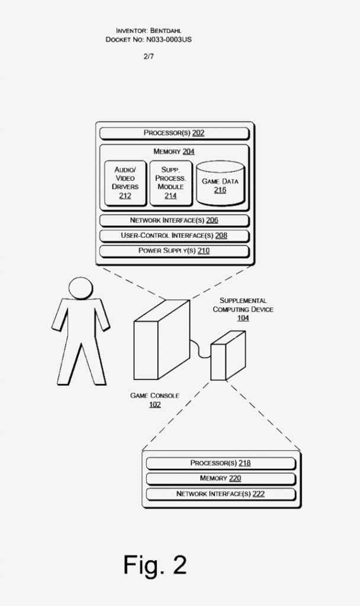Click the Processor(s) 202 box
click(175, 133)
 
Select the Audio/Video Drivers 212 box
click(126, 183)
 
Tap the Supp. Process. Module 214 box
click(171, 183)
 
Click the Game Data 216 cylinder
click(220, 183)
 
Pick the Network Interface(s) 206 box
click(175, 221)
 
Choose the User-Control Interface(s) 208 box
click(175, 236)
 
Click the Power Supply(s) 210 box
click(175, 251)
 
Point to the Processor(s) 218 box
click(221, 463)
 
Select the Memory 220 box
click(221, 479)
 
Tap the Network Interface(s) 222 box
click(221, 494)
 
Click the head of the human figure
click(81, 288)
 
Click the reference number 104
click(243, 318)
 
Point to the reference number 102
click(155, 405)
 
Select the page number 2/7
click(149, 56)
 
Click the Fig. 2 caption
click(155, 565)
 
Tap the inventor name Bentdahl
click(166, 31)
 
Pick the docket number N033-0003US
click(169, 40)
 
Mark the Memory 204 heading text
click(174, 151)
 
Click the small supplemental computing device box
click(228, 356)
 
